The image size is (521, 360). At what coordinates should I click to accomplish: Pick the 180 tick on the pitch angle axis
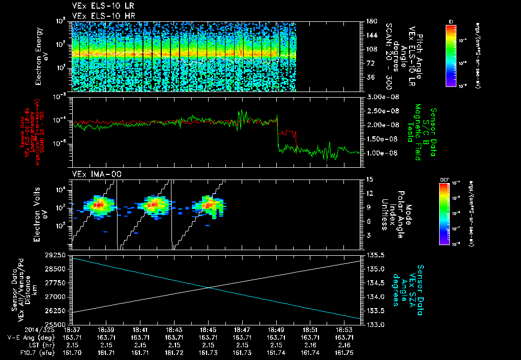click(x=371, y=21)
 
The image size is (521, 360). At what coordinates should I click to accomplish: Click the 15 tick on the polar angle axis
click(x=368, y=179)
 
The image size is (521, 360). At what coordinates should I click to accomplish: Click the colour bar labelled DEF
click(x=451, y=214)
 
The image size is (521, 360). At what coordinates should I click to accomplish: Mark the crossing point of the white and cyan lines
click(x=210, y=288)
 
